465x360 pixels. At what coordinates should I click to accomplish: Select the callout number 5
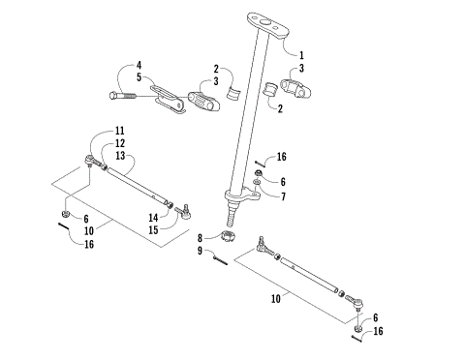(139, 77)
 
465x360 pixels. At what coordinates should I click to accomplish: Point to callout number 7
(283, 196)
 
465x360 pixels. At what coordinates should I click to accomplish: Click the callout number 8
(201, 237)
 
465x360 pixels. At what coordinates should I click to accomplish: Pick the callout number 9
(201, 252)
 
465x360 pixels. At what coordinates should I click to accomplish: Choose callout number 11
(120, 132)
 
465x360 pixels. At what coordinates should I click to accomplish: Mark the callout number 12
(120, 143)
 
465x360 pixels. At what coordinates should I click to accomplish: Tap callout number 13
(120, 156)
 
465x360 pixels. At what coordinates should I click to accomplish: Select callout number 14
(153, 219)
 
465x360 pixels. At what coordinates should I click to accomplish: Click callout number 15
(153, 230)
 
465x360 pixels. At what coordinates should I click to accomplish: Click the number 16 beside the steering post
(282, 156)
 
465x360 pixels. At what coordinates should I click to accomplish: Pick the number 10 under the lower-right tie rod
(277, 300)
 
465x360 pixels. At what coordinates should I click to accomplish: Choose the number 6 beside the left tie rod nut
(87, 220)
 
